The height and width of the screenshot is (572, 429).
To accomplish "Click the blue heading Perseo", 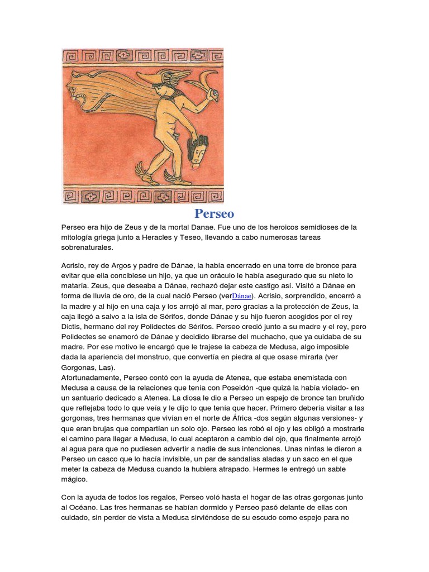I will pos(214,213).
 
